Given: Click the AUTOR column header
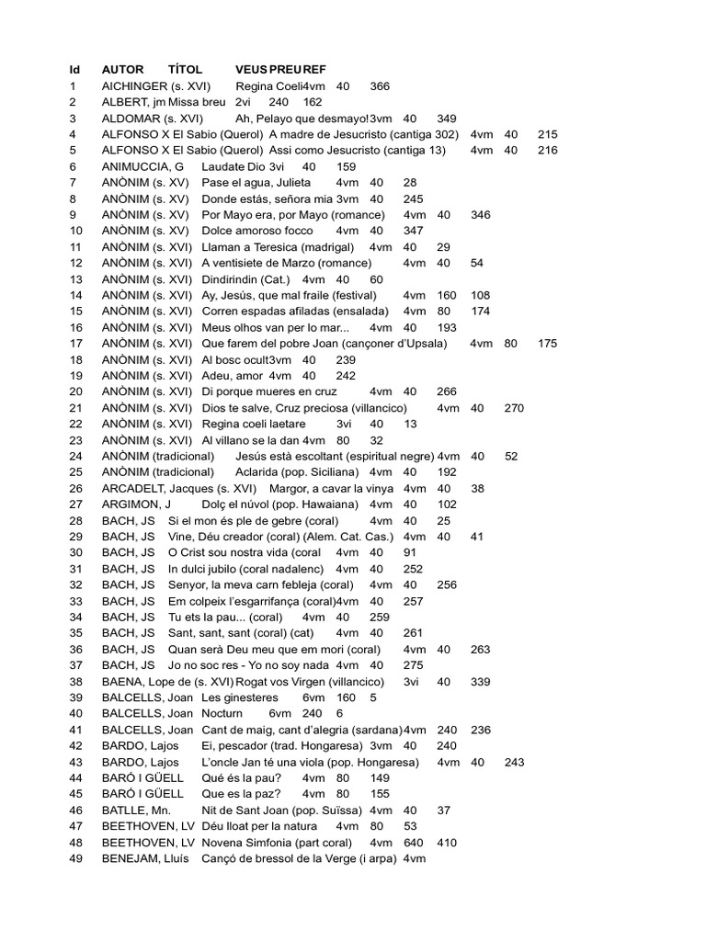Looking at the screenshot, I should (122, 69).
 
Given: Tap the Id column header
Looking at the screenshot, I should (74, 69).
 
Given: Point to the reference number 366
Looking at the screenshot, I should (380, 85).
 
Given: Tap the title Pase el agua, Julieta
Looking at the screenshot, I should (256, 183).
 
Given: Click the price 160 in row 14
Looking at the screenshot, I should (447, 295).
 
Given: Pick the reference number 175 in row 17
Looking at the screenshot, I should (547, 343).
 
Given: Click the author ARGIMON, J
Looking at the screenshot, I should (136, 504).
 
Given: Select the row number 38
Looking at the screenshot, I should (76, 681).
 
